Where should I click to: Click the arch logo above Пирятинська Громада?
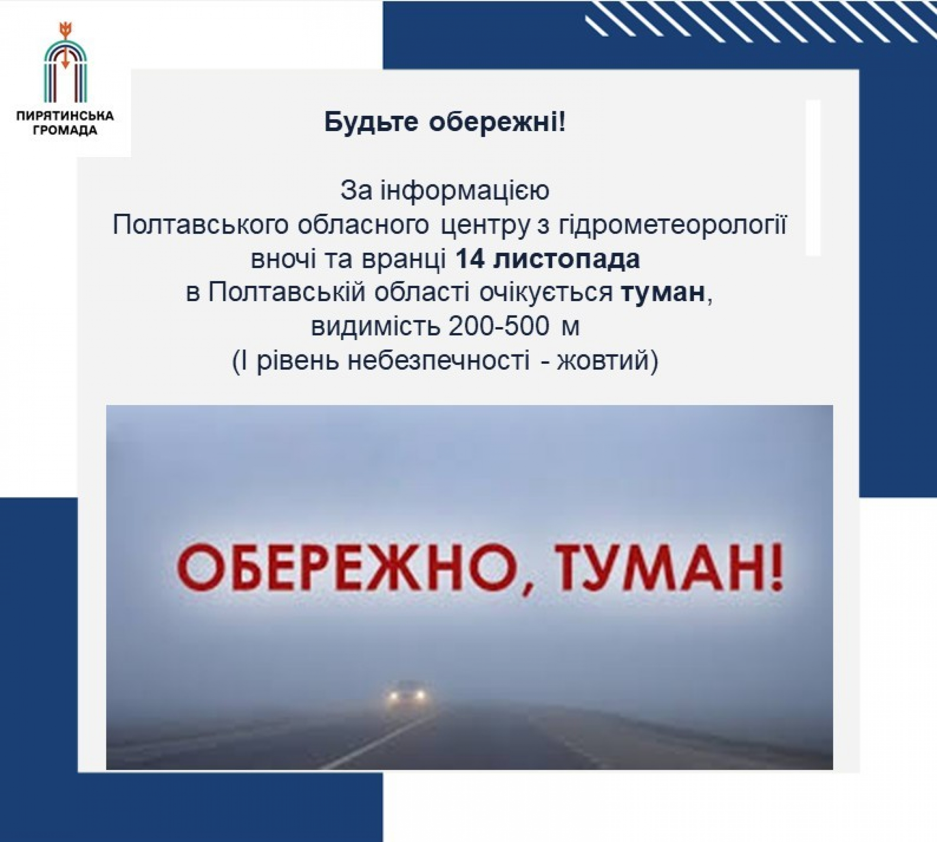tap(65, 63)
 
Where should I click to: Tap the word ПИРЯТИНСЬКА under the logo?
tap(65, 115)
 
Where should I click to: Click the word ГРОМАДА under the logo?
tap(65, 130)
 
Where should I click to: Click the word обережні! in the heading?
tap(498, 122)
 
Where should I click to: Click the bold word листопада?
tap(567, 260)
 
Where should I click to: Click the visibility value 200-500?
tap(499, 327)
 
